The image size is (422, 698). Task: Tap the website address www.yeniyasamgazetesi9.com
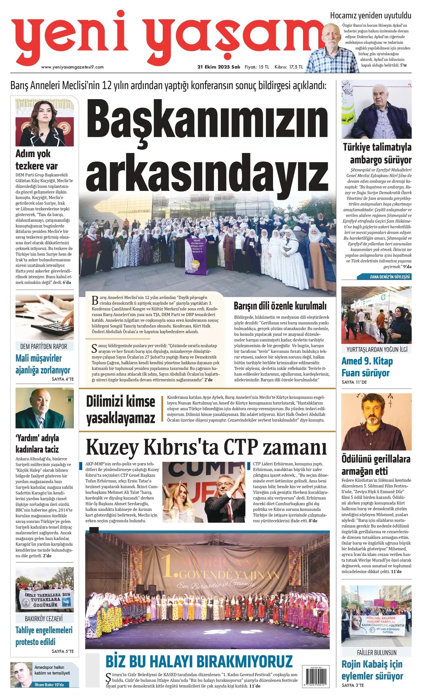(x=72, y=67)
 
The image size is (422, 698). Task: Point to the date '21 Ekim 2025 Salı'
(x=219, y=67)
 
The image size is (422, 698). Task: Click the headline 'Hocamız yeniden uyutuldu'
(x=370, y=16)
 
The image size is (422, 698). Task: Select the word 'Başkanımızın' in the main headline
(x=207, y=122)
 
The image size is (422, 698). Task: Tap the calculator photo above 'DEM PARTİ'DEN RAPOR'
(x=44, y=317)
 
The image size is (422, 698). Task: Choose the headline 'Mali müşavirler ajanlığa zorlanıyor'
(x=43, y=364)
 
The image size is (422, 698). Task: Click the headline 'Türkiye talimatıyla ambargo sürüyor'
(x=377, y=153)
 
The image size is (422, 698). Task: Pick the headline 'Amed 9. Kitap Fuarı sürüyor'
(x=367, y=367)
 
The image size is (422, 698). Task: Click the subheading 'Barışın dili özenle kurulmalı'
(x=280, y=306)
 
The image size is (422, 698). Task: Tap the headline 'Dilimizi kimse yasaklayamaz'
(x=120, y=410)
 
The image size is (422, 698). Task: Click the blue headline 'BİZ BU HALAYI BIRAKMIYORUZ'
(x=199, y=661)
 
